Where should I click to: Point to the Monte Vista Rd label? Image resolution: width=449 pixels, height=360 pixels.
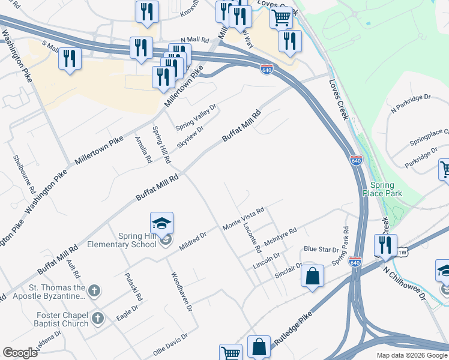(244, 219)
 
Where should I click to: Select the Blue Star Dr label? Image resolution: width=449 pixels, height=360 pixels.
(321, 249)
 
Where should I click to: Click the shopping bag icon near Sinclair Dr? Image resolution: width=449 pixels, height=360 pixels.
(313, 277)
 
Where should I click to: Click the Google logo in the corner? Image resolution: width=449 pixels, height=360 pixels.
(20, 353)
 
